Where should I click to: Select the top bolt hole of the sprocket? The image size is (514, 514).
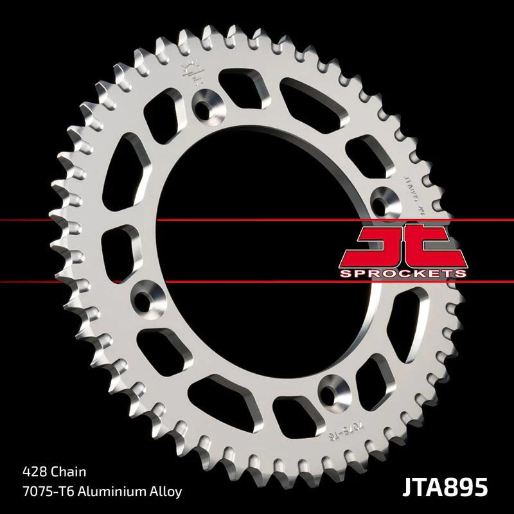207,107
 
